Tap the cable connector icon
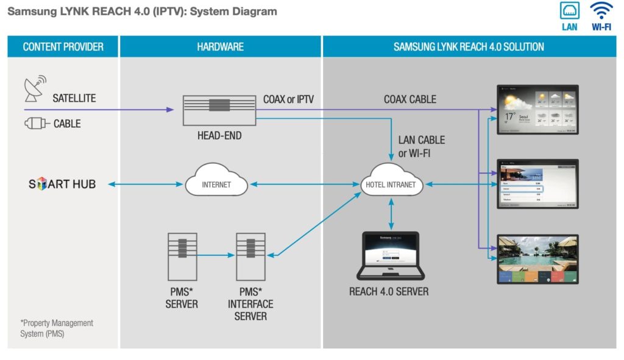[x=36, y=124]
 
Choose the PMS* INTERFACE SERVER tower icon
[x=250, y=256]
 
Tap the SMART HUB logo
[x=62, y=184]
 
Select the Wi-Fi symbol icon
[x=601, y=11]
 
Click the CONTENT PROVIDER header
[x=63, y=47]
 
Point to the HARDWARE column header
[x=220, y=47]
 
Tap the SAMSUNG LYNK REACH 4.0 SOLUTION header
[x=469, y=47]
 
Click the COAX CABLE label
[x=409, y=99]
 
